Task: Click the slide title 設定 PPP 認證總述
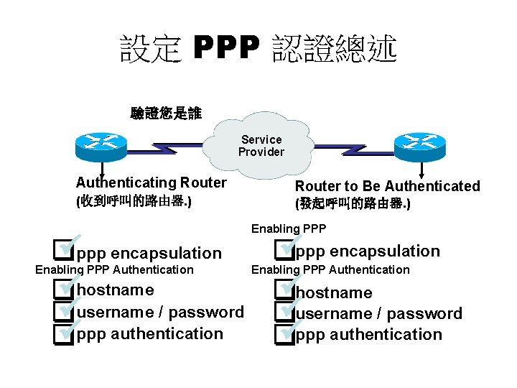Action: [x=258, y=49]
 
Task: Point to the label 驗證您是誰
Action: [x=166, y=113]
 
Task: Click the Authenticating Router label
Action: [x=151, y=183]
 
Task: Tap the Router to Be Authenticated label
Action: [x=387, y=186]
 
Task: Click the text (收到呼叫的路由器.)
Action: [x=134, y=201]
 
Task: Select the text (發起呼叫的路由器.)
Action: [x=353, y=204]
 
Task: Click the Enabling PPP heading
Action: [x=289, y=228]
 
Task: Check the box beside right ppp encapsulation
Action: [x=284, y=251]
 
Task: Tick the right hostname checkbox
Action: [x=284, y=292]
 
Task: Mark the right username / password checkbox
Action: [x=284, y=313]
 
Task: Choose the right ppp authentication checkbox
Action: [x=284, y=334]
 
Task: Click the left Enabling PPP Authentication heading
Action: [x=114, y=269]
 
